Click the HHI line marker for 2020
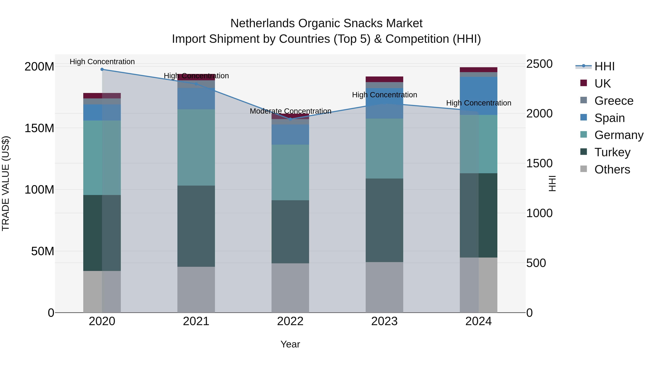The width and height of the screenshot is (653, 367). [102, 69]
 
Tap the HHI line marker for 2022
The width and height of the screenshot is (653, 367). [290, 119]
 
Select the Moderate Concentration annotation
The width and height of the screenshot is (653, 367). [290, 111]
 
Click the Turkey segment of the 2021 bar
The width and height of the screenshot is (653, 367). [196, 226]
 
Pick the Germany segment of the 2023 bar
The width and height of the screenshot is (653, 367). [384, 148]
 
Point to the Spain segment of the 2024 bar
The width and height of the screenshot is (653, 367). [478, 96]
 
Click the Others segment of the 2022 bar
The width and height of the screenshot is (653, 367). [290, 288]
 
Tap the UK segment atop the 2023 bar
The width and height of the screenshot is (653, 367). [384, 79]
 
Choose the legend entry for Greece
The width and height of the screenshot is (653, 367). [613, 101]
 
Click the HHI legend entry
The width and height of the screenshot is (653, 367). [604, 66]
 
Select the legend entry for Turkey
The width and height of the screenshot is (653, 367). [612, 152]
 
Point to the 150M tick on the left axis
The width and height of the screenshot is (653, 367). [39, 128]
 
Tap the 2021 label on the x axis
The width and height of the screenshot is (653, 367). [196, 321]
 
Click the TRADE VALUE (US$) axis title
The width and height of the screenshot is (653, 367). [6, 183]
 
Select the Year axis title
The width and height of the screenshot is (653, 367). [290, 344]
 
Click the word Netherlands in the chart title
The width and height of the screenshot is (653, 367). [262, 23]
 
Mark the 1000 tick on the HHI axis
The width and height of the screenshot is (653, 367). [539, 213]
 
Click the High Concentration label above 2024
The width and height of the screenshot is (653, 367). [478, 103]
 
